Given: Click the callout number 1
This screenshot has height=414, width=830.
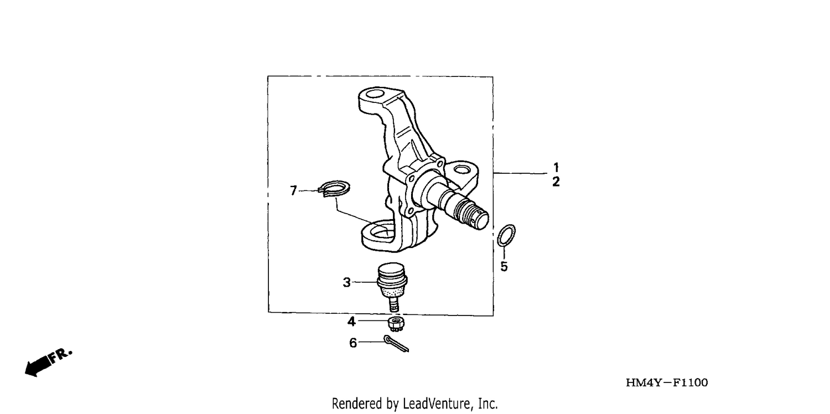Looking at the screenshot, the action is [x=556, y=167].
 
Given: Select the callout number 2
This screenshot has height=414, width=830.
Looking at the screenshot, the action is [x=556, y=182].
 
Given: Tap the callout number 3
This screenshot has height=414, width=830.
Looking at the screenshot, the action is [x=346, y=282].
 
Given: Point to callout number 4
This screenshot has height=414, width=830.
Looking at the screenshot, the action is [x=351, y=322].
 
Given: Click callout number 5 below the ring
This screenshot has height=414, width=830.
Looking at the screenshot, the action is [x=504, y=266].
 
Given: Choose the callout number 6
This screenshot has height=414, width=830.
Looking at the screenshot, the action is [x=353, y=343].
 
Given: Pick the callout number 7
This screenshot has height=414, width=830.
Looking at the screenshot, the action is [x=293, y=190].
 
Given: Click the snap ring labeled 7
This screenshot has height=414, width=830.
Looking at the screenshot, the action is [x=334, y=189].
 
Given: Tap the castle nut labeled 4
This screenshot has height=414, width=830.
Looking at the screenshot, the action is [x=396, y=324].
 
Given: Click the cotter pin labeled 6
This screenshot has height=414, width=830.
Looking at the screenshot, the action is [x=396, y=344].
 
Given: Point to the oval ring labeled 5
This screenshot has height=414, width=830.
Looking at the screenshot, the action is [x=506, y=235].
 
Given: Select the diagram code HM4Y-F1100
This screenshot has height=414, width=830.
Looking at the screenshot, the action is [x=667, y=382].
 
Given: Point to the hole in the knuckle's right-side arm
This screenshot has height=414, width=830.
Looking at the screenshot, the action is [x=461, y=170].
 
